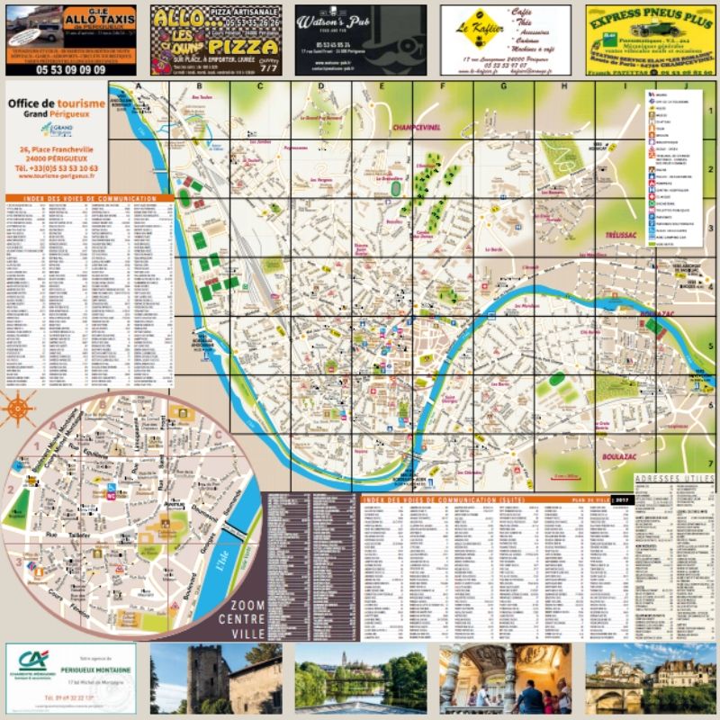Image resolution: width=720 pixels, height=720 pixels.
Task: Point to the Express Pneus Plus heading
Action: [x=649, y=13]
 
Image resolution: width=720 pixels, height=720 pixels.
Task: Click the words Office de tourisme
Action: [x=57, y=103]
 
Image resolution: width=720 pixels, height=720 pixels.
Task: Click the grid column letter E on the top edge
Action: [x=382, y=86]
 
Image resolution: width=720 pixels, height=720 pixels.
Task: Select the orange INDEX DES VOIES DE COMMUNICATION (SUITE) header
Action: [x=432, y=498]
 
